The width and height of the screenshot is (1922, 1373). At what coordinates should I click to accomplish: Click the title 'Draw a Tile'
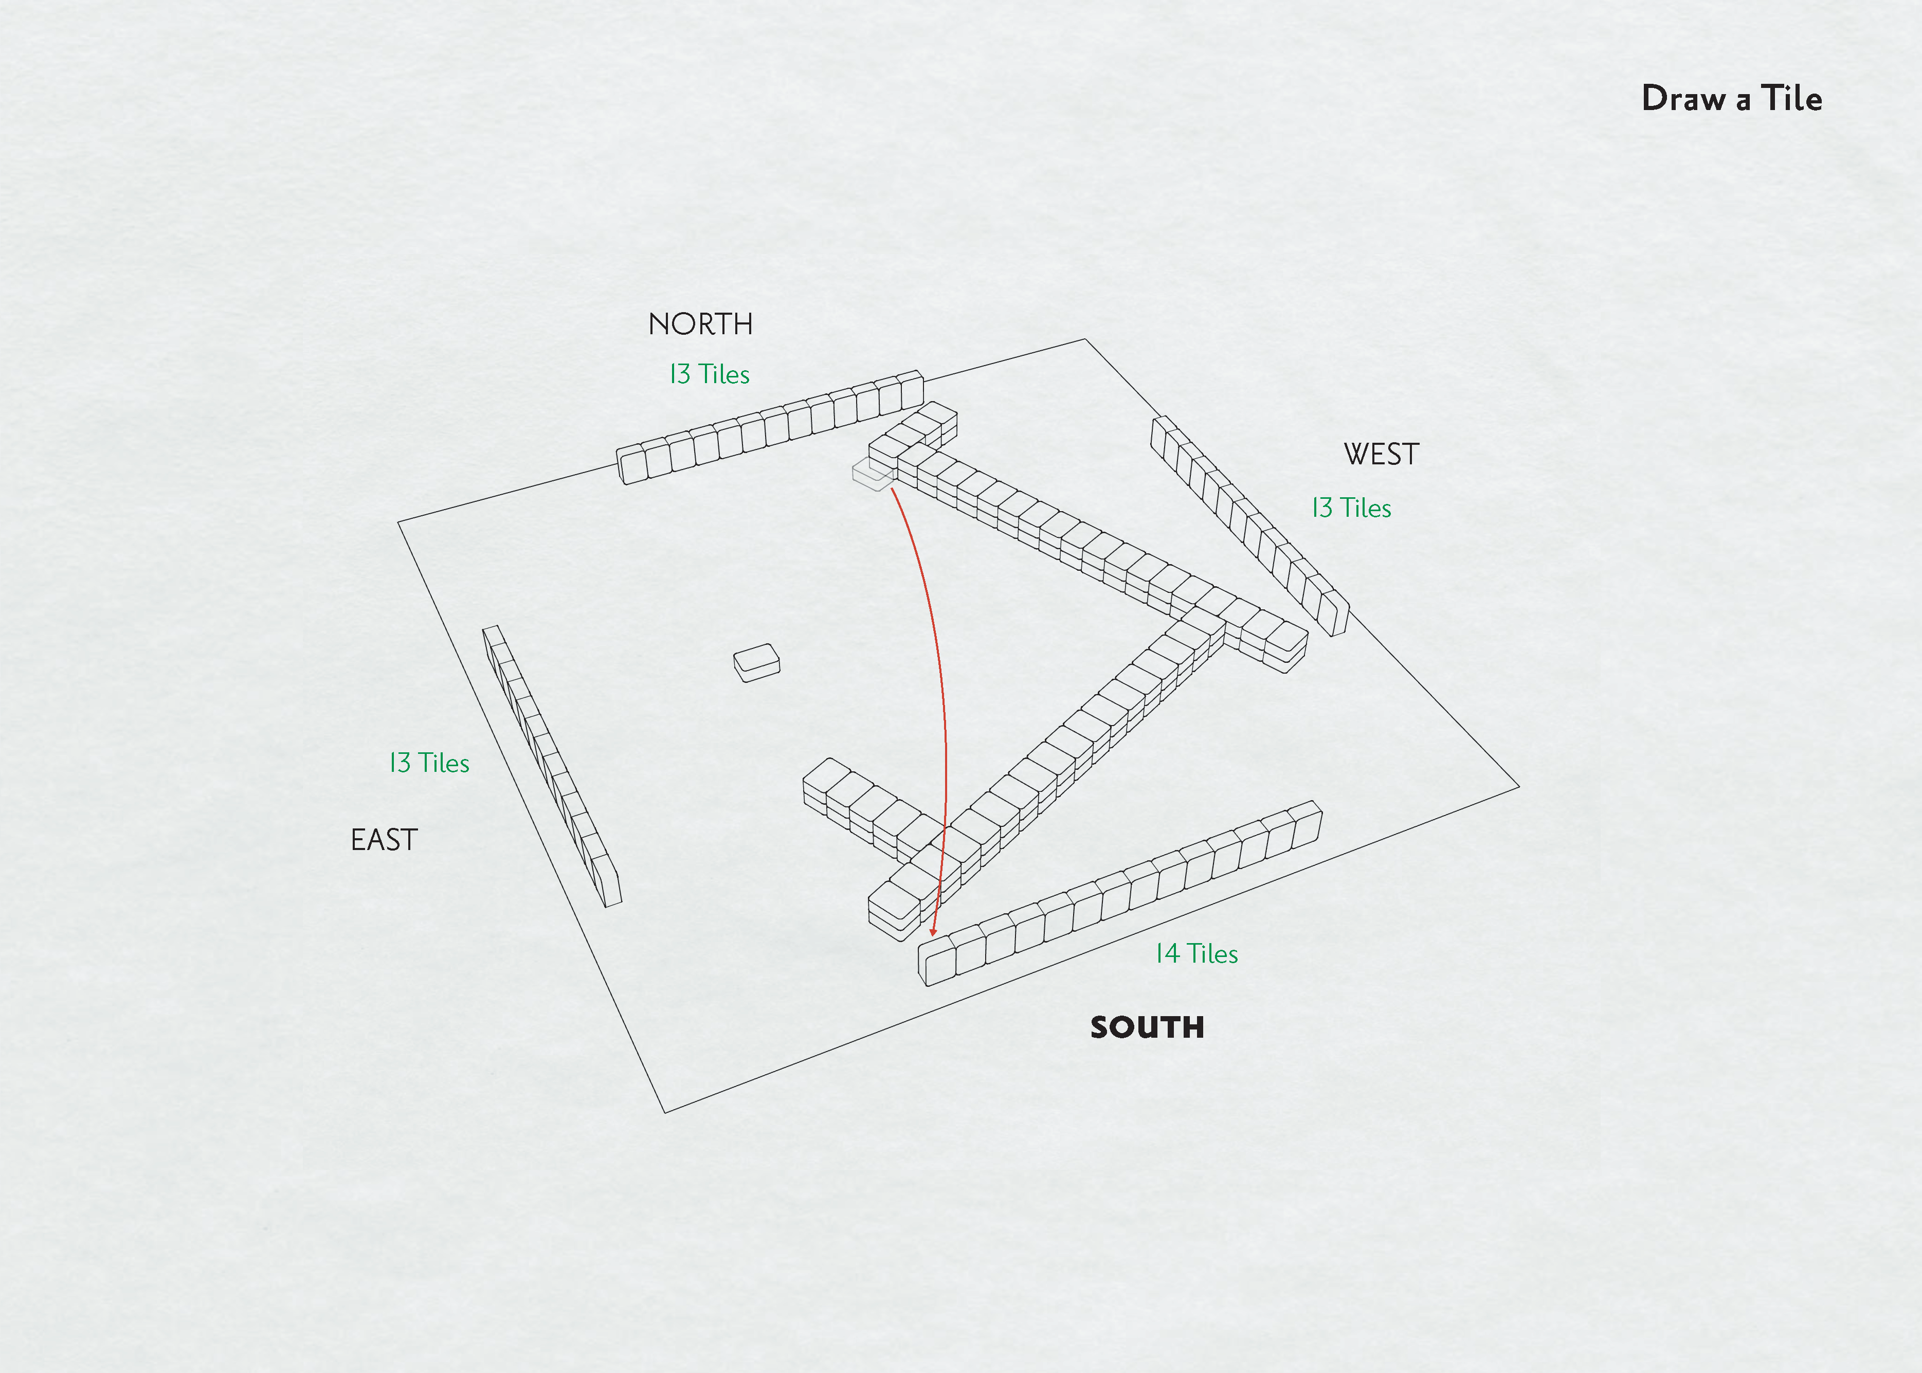[x=1731, y=98]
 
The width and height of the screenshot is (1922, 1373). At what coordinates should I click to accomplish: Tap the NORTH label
[x=700, y=324]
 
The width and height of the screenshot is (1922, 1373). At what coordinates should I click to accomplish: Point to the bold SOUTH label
[x=1147, y=1027]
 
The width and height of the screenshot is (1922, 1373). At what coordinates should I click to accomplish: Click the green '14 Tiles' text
[x=1196, y=954]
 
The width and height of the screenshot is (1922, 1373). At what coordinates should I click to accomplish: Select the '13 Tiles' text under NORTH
[x=709, y=374]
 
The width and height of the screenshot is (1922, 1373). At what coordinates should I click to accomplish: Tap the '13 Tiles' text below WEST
[x=1351, y=508]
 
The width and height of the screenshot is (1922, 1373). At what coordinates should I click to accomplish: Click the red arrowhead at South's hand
[x=933, y=931]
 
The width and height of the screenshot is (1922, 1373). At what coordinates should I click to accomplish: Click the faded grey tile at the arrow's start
[x=871, y=475]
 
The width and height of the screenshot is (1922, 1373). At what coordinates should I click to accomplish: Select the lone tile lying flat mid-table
[x=756, y=662]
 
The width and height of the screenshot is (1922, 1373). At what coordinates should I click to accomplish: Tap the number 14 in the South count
[x=1167, y=954]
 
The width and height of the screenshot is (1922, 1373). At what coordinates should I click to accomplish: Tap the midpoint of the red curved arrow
[x=938, y=676]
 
